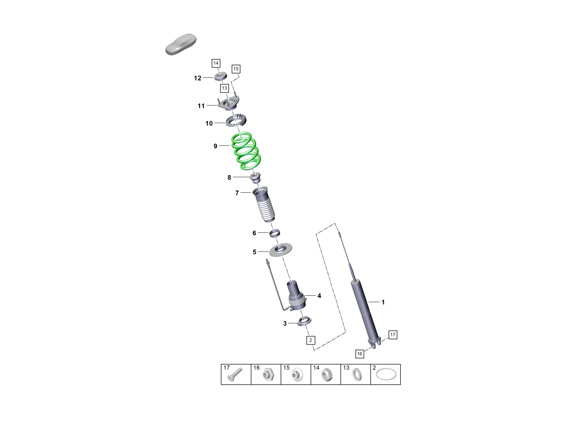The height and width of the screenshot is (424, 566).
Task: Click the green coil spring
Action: point(246,151)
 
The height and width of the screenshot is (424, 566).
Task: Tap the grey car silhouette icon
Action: point(181,44)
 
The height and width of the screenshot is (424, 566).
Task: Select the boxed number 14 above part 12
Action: point(216,63)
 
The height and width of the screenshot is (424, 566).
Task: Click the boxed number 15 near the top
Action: point(236,69)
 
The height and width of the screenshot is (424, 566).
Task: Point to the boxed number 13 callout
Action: point(224,88)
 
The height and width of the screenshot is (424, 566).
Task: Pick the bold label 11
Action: point(201,106)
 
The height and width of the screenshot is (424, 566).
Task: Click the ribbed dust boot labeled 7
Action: point(263,204)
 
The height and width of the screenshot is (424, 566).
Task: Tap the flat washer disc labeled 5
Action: point(280,250)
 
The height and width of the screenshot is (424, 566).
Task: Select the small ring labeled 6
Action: point(275,233)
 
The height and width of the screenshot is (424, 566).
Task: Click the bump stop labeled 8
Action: point(255,178)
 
